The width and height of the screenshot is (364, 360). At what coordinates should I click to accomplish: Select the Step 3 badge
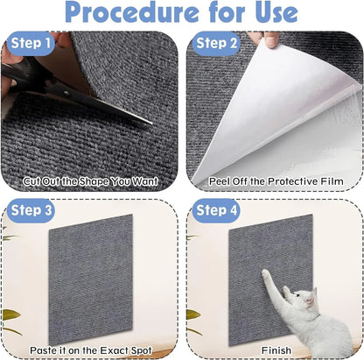(31, 211)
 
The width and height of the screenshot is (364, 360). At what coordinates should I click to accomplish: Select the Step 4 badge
(215, 211)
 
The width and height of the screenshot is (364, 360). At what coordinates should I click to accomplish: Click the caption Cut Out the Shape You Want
(91, 181)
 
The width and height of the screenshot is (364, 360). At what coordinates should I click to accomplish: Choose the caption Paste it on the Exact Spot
(91, 349)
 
